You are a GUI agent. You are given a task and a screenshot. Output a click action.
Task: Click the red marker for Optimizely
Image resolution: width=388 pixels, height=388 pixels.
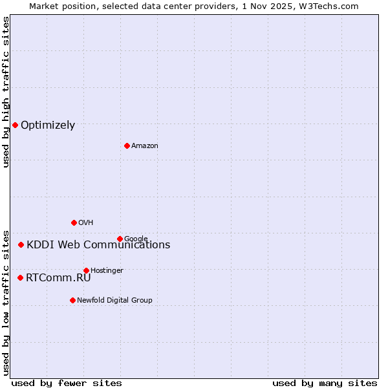point(15,125)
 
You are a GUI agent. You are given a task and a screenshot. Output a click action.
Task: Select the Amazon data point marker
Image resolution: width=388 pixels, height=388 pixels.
point(127,145)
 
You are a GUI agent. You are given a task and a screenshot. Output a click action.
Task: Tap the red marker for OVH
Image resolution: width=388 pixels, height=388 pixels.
point(74,222)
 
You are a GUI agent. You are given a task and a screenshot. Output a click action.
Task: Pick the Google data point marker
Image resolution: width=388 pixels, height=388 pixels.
point(120,239)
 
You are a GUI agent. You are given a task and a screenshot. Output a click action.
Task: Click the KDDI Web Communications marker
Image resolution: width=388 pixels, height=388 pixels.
point(21,244)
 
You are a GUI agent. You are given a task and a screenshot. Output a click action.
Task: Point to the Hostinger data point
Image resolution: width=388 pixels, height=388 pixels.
point(86,270)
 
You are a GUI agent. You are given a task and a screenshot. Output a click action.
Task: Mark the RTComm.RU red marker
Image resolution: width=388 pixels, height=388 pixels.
point(20,277)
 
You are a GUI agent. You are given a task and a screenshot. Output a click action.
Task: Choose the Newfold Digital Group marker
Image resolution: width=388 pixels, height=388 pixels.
point(72,300)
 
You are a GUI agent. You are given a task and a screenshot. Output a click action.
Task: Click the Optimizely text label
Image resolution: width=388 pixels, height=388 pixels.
point(48,125)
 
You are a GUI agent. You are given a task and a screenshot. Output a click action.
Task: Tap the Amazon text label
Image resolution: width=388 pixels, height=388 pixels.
point(145,146)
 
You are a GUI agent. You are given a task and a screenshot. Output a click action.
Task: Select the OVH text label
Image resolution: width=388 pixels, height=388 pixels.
point(86,223)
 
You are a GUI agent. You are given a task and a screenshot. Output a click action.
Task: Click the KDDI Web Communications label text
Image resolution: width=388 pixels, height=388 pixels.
point(98,244)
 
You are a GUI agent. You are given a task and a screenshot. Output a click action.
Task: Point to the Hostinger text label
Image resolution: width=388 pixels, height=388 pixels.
point(107,271)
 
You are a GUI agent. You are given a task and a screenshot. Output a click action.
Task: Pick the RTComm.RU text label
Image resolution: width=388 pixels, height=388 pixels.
point(58,278)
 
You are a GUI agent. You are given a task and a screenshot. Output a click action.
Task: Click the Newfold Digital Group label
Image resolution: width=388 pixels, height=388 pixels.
point(114,301)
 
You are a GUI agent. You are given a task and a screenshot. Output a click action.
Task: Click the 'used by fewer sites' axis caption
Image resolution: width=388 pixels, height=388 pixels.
point(67,383)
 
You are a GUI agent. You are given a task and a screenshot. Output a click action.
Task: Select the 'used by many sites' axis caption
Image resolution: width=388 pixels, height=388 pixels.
point(325,383)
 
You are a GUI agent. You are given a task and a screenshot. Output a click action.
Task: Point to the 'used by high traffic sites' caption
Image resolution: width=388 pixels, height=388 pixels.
point(6,92)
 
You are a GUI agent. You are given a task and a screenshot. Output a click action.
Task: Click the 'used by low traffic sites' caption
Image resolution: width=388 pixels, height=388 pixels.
point(6,302)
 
